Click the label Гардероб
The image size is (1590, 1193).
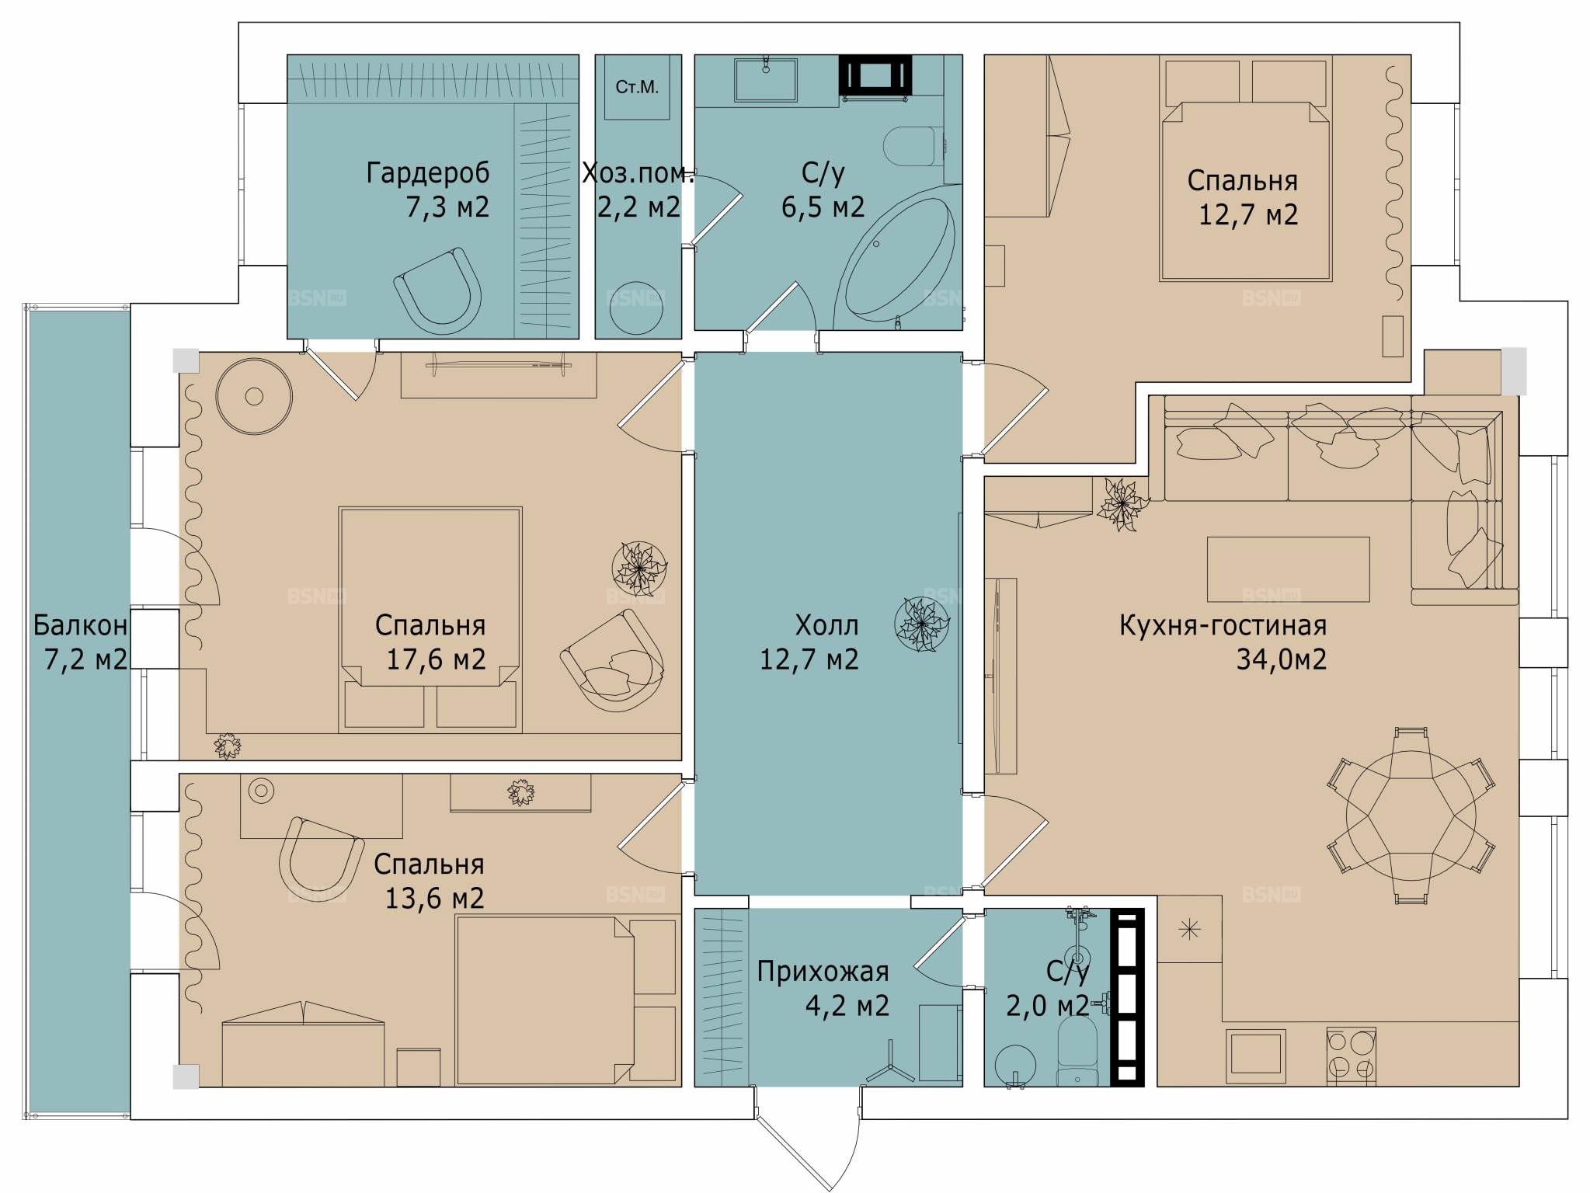[x=428, y=172]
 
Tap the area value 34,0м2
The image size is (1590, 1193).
[x=1282, y=659]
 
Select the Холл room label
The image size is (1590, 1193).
[x=826, y=625]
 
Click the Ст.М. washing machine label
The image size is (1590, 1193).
[x=637, y=87]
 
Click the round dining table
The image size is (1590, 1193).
[x=1411, y=816]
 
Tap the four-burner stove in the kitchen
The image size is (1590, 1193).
[x=1351, y=1056]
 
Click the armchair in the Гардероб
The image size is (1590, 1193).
[x=439, y=291]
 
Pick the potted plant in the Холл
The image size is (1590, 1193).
[x=922, y=624]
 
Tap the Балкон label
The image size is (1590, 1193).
[x=80, y=625]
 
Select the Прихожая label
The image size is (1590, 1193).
[x=823, y=972]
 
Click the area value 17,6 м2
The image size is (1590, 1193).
[x=436, y=659]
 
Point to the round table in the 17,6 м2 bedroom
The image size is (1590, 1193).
[x=254, y=396]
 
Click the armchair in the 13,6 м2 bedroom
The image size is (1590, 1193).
[x=320, y=854]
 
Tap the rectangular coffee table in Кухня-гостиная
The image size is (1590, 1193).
[x=1288, y=569]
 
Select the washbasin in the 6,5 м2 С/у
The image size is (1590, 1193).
[x=766, y=78]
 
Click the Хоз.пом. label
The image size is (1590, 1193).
[x=638, y=173]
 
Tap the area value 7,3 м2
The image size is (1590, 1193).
[x=448, y=207]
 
